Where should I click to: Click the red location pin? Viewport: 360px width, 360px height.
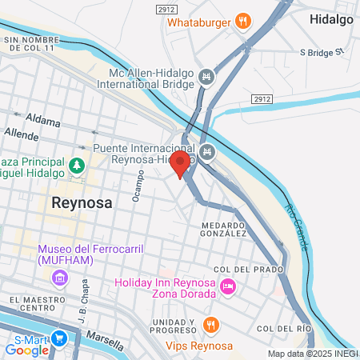180,164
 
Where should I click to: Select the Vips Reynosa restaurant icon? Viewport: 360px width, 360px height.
211,325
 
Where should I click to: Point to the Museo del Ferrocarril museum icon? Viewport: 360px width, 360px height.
58,278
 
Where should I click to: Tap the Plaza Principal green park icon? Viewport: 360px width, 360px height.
77,166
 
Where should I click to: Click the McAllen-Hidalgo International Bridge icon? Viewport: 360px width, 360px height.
207,77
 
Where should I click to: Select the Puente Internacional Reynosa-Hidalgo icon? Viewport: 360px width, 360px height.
208,150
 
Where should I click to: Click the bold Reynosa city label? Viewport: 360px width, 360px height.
82,202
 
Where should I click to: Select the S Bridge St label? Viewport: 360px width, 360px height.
321,53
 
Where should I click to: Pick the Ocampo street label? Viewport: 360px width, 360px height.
139,186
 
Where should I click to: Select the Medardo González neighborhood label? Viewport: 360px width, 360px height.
224,230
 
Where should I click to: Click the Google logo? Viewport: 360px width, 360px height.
26,350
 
